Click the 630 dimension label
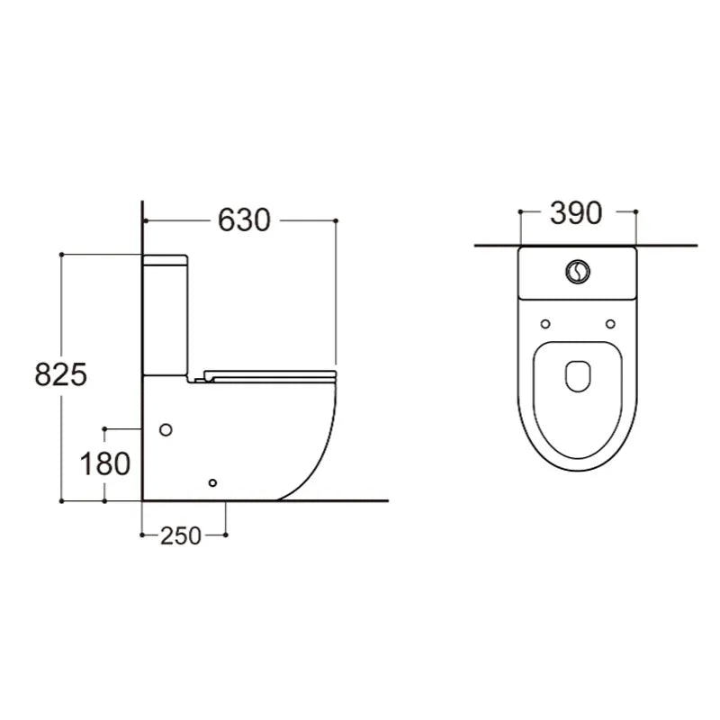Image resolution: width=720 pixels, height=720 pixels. click(244, 220)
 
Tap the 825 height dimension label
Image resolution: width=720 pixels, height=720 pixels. click(60, 374)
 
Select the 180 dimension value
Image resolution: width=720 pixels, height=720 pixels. click(105, 463)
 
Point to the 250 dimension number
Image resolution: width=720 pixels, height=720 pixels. click(181, 535)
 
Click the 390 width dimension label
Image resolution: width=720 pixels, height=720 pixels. click(576, 213)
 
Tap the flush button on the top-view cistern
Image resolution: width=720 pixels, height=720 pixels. click(578, 272)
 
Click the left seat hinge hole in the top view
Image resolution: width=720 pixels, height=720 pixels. click(545, 324)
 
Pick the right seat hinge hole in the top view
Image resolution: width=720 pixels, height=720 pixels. click(610, 324)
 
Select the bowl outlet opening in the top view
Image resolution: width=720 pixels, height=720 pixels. click(578, 376)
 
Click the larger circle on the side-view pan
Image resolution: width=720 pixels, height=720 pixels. click(166, 430)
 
